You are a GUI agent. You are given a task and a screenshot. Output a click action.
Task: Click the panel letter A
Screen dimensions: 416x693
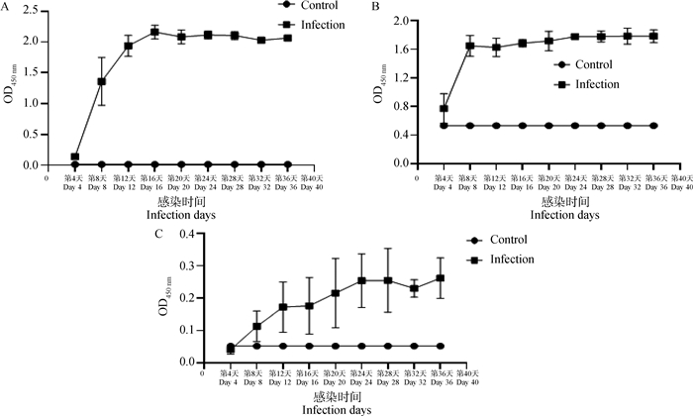(6, 8)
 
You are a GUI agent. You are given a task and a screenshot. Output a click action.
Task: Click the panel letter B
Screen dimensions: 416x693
(375, 8)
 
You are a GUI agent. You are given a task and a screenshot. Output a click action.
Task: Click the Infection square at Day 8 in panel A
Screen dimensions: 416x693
(101, 81)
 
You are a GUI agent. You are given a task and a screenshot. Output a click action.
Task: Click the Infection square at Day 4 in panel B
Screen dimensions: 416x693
(445, 108)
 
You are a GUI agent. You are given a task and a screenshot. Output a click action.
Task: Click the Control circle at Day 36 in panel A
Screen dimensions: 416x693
(288, 164)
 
